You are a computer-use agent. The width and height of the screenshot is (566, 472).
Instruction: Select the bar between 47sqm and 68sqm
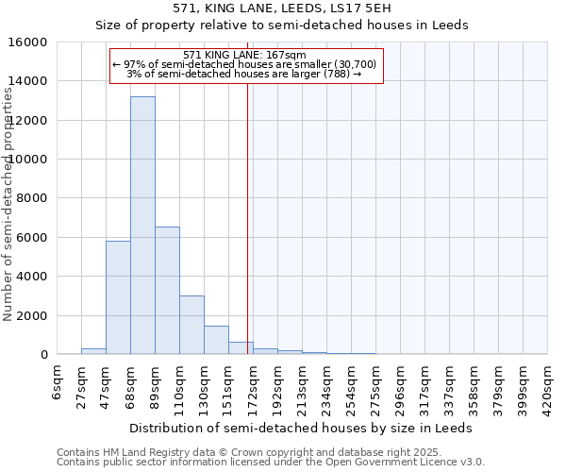pos(118,297)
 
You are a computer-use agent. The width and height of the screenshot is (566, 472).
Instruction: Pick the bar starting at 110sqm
pos(191,325)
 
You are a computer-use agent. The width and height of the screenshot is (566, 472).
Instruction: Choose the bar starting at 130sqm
pos(216,340)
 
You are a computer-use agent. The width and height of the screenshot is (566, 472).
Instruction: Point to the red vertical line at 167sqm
pos(247,236)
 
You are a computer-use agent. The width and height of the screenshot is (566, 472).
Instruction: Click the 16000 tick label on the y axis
pos(29,42)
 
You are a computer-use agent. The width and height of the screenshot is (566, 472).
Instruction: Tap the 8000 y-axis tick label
pos(33,198)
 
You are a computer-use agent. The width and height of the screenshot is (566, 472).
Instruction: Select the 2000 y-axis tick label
pos(33,315)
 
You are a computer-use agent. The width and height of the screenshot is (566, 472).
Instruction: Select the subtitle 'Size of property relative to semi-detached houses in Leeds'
pos(282,25)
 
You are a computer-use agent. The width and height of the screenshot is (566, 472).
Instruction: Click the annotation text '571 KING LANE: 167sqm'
pos(244,56)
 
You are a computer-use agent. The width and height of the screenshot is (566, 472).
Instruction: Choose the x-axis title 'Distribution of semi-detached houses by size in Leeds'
pos(300,428)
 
